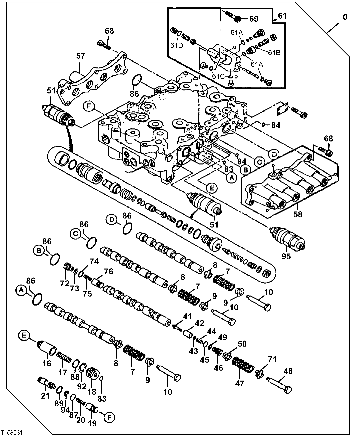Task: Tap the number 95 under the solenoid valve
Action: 286,256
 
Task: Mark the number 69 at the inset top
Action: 254,19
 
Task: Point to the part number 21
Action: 45,396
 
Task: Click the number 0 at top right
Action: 345,16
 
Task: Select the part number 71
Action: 272,359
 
